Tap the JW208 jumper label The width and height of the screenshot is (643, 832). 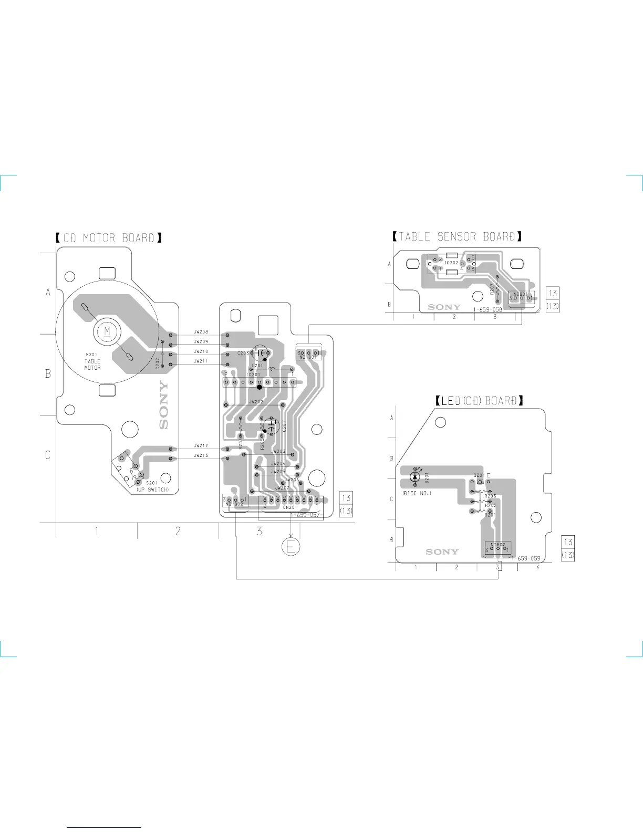click(x=201, y=332)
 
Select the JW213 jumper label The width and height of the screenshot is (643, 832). click(x=201, y=455)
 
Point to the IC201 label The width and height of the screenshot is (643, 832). click(x=253, y=374)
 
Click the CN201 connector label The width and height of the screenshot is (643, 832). click(x=290, y=507)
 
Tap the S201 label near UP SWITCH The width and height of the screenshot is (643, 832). click(x=151, y=483)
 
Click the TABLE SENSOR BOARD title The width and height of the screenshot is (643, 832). click(x=457, y=236)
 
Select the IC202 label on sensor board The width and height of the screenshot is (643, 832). click(x=452, y=263)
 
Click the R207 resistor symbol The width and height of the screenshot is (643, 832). click(x=497, y=288)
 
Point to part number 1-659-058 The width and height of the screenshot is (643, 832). click(x=488, y=310)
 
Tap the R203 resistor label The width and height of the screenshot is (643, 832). click(x=491, y=496)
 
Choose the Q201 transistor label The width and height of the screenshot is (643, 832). click(x=480, y=475)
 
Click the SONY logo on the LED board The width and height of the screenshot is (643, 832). click(x=442, y=552)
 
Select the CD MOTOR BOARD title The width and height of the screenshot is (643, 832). click(x=109, y=237)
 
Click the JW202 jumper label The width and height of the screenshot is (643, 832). click(x=256, y=401)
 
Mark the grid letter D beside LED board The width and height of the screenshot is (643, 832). click(x=391, y=539)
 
